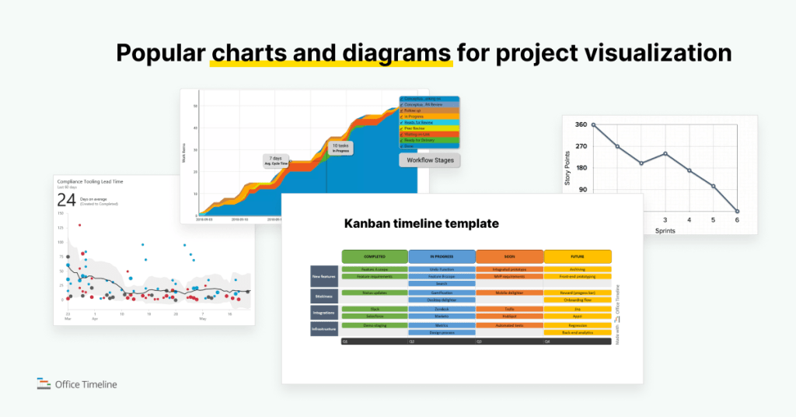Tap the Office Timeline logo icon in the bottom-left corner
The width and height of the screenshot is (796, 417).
(x=44, y=384)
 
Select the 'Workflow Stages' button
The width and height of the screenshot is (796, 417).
(x=429, y=160)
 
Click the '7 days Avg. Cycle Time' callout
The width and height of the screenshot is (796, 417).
(x=277, y=160)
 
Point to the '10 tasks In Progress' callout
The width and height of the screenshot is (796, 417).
(x=340, y=148)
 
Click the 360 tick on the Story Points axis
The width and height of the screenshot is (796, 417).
(x=580, y=124)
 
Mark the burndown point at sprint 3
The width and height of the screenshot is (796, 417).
(x=665, y=153)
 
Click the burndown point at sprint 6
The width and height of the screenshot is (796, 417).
(x=737, y=211)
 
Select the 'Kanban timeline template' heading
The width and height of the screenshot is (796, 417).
(x=421, y=224)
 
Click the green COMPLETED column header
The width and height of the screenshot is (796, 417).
(x=375, y=256)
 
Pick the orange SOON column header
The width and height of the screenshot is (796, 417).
(x=509, y=256)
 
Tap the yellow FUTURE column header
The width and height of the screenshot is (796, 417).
(x=578, y=256)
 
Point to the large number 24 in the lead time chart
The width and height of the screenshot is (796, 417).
(x=66, y=200)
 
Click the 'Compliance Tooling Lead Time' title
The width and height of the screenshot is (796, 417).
(x=90, y=181)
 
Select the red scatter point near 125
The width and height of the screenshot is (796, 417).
(x=79, y=225)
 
